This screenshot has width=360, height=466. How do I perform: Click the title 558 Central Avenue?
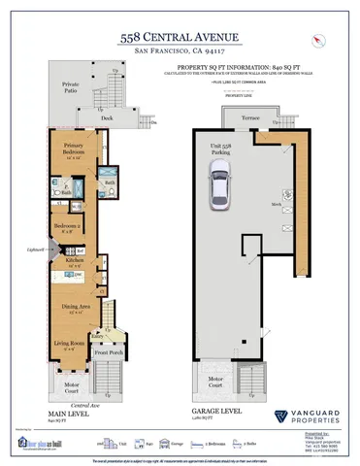[x=179, y=35]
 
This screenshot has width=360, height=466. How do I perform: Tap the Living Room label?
[x=68, y=343]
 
